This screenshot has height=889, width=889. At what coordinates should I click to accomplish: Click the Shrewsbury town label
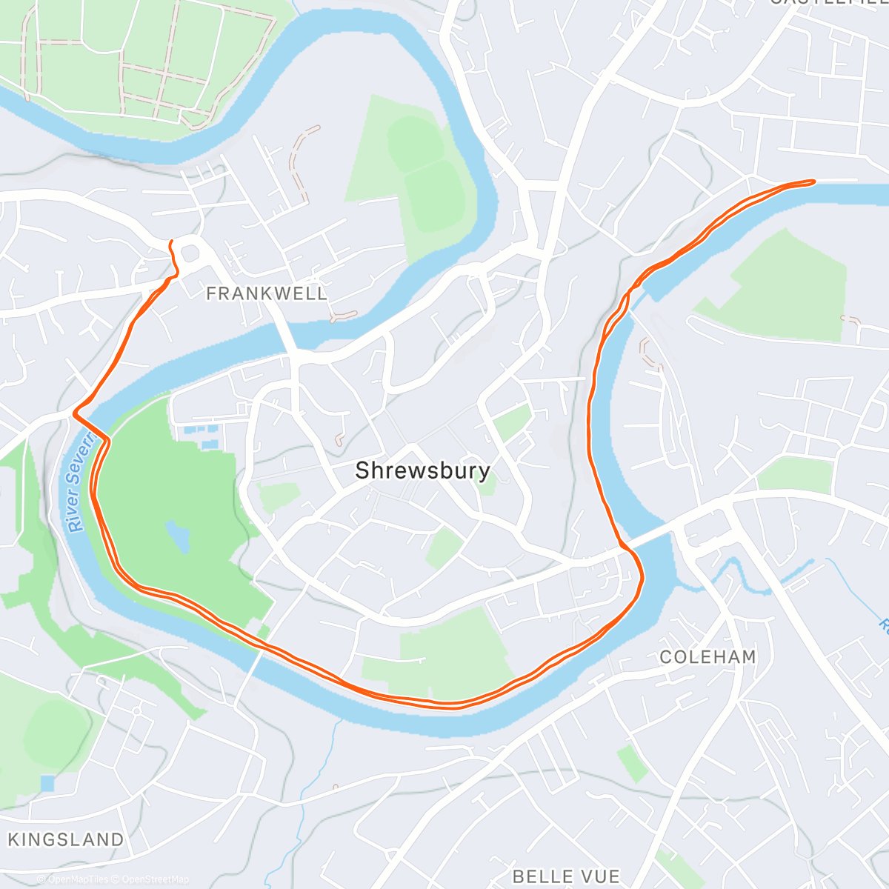coord(422,470)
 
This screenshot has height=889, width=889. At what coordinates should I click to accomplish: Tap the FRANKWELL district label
coord(267,294)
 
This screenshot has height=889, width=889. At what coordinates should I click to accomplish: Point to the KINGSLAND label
coord(66,839)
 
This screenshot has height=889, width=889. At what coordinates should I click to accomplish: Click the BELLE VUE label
coord(566,876)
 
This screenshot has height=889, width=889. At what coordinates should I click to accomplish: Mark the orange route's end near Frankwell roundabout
coord(172,242)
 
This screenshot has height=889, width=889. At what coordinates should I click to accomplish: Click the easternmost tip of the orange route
coord(813,181)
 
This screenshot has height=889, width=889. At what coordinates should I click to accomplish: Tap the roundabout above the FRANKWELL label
coord(190,253)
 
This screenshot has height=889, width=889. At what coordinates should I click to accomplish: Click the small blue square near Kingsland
coord(47,782)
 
